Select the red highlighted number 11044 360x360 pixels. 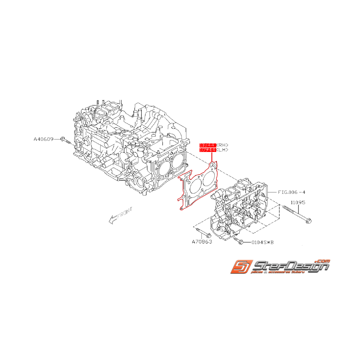207,145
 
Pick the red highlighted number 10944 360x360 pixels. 207,149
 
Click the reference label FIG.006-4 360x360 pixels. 292,192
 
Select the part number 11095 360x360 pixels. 298,202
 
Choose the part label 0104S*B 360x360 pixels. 263,242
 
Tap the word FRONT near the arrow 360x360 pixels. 125,213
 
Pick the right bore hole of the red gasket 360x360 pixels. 209,177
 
